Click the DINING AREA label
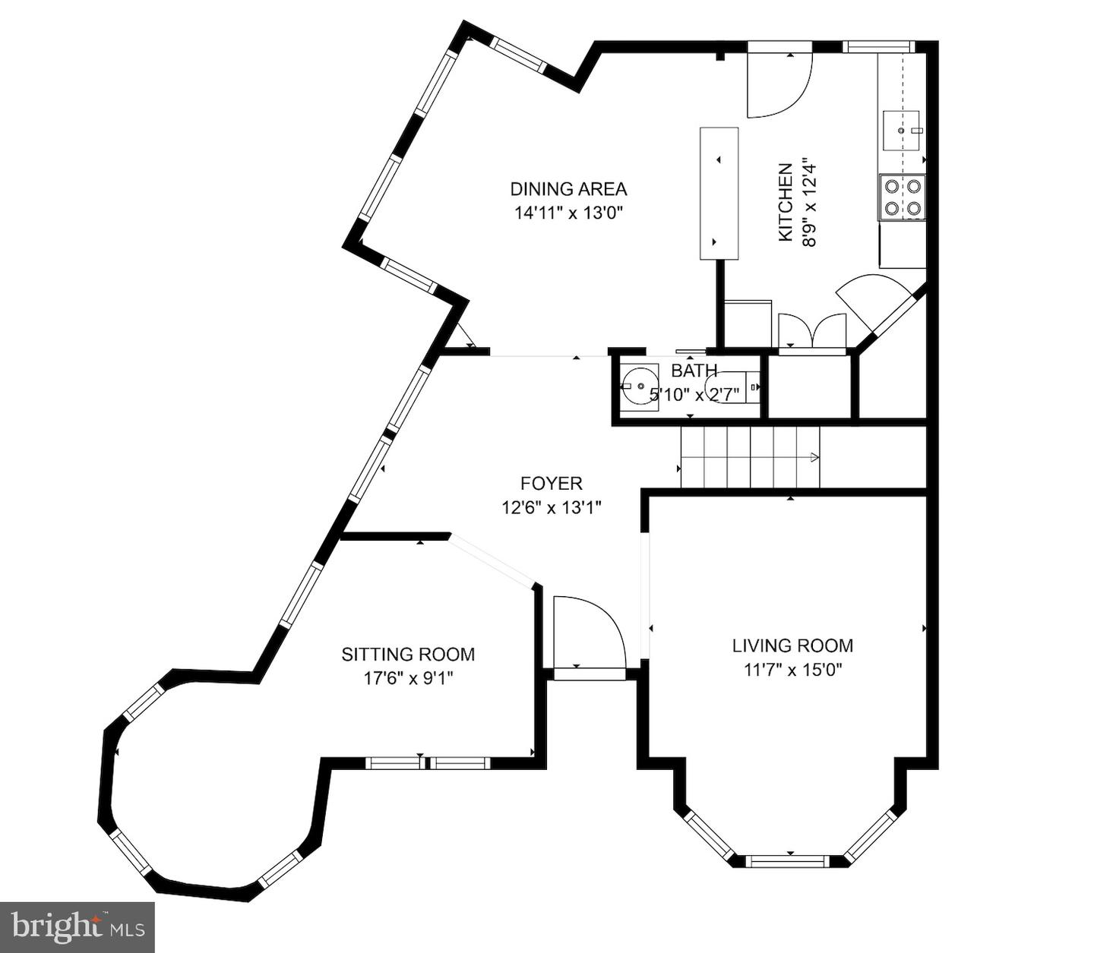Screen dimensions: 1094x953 (x=568, y=189)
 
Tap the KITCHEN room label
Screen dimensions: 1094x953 (x=785, y=202)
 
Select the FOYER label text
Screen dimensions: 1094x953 (x=552, y=483)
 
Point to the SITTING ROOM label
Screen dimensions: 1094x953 (x=408, y=655)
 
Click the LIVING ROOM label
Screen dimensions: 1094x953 (x=792, y=645)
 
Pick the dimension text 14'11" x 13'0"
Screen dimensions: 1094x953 (x=569, y=213)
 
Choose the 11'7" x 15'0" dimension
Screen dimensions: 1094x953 (x=793, y=670)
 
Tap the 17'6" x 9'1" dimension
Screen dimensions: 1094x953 (x=409, y=678)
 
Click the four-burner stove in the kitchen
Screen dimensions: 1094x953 (x=902, y=197)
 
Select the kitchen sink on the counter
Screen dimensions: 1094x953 (x=902, y=131)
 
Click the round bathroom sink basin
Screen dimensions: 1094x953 (x=640, y=386)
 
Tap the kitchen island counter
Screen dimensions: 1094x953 (x=719, y=194)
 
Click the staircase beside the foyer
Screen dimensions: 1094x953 (x=750, y=457)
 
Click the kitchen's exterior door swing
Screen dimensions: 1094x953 (x=779, y=84)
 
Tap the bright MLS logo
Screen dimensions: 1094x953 (x=77, y=927)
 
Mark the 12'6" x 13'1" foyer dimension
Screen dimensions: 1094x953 (x=552, y=507)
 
